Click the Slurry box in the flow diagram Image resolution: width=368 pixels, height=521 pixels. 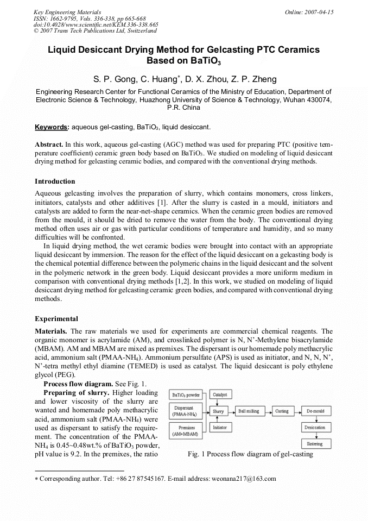pos(218,411)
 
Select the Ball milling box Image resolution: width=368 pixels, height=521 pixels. pos(249,411)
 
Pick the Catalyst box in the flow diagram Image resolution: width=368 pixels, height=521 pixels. pos(220,394)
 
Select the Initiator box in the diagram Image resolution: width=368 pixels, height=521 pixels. pos(220,428)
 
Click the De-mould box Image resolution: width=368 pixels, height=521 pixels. pos(315,411)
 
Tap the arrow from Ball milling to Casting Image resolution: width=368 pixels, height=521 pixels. pos(267,411)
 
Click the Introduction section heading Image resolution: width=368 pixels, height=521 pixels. pos(55,181)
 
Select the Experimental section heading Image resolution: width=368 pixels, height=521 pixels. pos(56,319)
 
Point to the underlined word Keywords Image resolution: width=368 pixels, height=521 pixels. pos(52,127)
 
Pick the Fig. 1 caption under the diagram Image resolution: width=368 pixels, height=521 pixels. pos(250,454)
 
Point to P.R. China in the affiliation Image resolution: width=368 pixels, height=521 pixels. pos(183,108)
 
